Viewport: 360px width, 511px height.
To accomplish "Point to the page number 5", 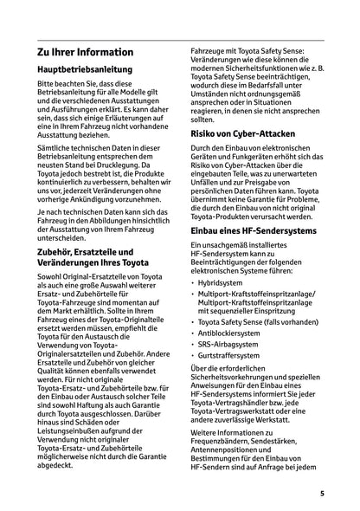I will (321, 495).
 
